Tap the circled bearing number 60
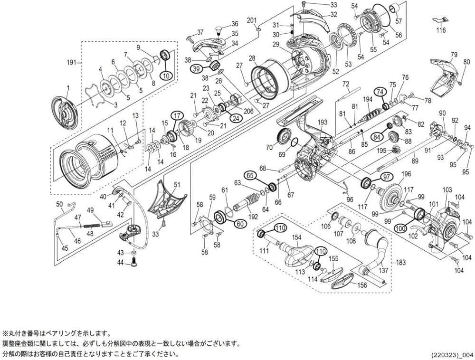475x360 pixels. coord(240,224)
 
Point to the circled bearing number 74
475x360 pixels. coord(380,92)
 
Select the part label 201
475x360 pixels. coord(252,20)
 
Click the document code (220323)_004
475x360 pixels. coord(452,354)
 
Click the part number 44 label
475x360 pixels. coord(121,262)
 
